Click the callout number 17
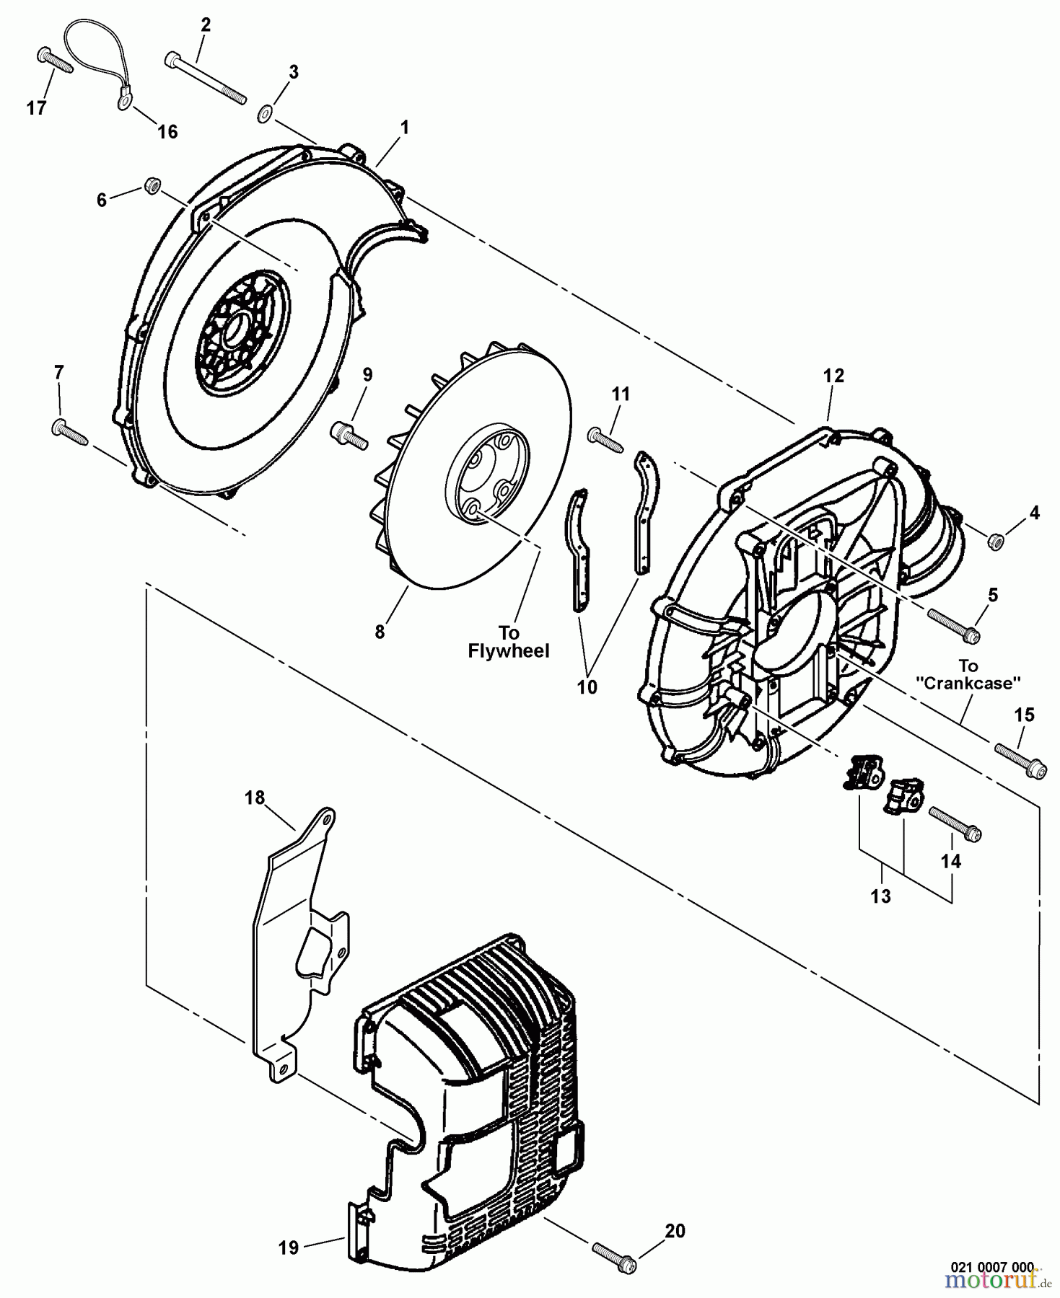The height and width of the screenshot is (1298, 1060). [36, 108]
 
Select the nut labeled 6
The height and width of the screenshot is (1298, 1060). [151, 186]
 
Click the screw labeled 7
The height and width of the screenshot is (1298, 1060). [69, 431]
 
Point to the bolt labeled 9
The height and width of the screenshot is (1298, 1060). [349, 434]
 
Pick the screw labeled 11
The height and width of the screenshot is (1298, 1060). [606, 439]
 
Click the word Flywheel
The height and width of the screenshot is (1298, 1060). [509, 651]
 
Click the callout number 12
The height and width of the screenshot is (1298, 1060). [833, 376]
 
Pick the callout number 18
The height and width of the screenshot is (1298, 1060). [255, 798]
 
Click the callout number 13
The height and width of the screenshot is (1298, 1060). [881, 896]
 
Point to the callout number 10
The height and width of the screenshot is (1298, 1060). [587, 687]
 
